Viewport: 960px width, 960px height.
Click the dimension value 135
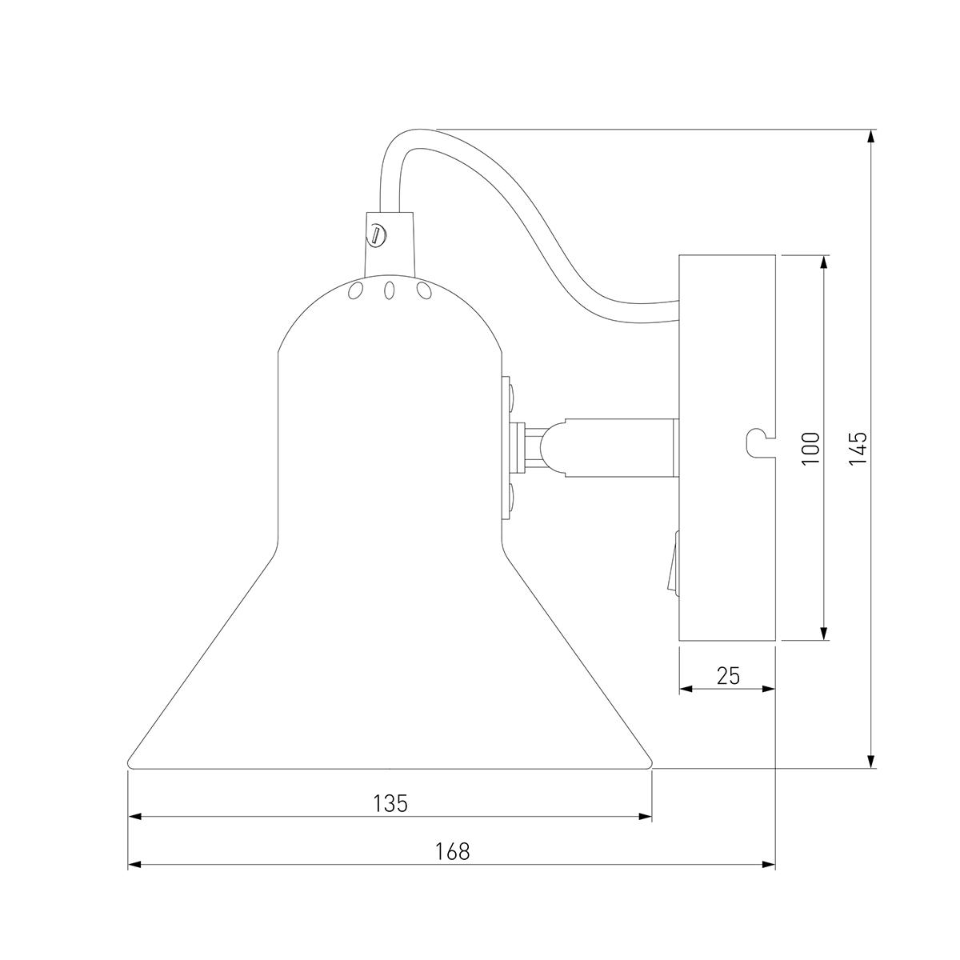point(390,802)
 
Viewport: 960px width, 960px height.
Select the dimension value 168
point(452,851)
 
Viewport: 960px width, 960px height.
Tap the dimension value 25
point(728,675)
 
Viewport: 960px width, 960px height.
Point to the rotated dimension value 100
point(811,449)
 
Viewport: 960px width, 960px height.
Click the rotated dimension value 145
point(858,449)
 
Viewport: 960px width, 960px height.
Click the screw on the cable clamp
point(377,234)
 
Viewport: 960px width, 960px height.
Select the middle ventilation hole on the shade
point(390,290)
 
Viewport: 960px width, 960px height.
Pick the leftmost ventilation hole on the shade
point(355,290)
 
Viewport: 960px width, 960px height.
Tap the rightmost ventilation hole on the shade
point(424,290)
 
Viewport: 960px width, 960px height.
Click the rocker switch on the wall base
point(675,562)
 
